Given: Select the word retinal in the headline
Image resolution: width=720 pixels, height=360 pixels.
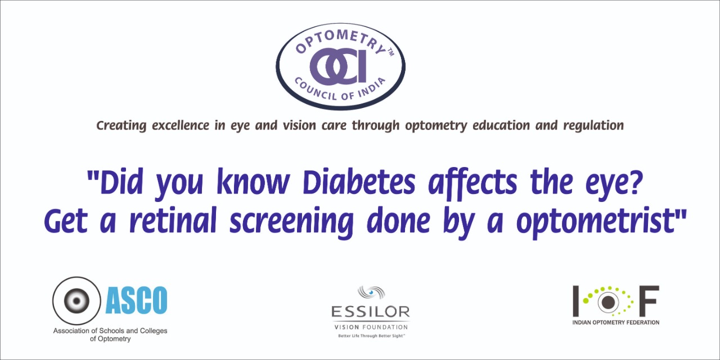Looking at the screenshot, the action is [173, 220].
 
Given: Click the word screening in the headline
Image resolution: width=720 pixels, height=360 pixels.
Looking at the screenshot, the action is [291, 222].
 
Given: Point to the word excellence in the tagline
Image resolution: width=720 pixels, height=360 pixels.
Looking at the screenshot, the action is [181, 125].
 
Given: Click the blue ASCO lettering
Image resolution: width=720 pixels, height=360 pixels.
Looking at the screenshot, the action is [137, 300].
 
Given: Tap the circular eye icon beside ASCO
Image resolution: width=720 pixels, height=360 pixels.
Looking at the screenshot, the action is [76, 300].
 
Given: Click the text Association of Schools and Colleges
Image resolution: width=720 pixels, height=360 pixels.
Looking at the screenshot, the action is [110, 330].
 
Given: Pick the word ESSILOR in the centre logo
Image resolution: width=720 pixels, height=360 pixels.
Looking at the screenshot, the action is [371, 312].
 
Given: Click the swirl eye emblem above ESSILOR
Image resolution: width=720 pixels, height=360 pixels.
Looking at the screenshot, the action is [371, 292].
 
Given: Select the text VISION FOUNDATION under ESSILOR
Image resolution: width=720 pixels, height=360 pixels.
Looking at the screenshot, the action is [371, 327].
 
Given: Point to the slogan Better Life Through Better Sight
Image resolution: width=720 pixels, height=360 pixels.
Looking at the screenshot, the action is [371, 336].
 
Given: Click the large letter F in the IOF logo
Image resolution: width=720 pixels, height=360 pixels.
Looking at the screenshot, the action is [649, 300].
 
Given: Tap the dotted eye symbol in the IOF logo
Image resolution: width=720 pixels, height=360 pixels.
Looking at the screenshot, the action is [608, 301].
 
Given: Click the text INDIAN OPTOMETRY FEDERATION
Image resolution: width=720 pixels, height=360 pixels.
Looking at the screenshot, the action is [616, 322].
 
